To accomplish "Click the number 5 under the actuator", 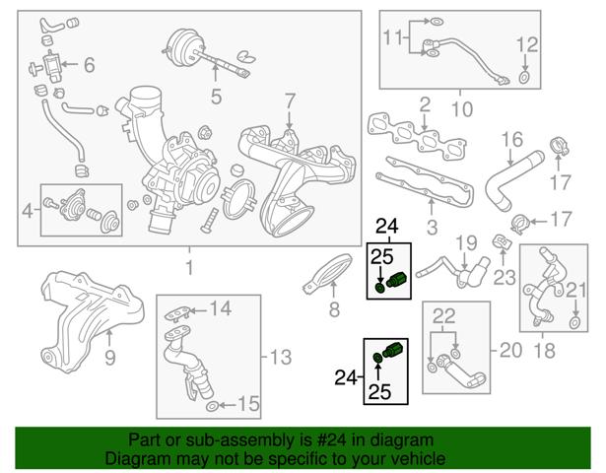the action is (217, 96).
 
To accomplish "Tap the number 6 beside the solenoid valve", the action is (90, 64).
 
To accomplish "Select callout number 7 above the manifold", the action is (290, 101).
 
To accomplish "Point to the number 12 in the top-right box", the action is (527, 44).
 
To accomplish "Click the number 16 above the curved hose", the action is (512, 140).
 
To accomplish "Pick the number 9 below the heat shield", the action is (110, 358).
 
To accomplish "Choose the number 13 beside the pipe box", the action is (281, 357).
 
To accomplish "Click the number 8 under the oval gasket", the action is (334, 309).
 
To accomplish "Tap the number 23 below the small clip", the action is (505, 277).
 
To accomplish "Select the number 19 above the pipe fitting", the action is (466, 243).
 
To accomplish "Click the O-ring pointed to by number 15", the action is (212, 406).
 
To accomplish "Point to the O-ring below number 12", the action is (523, 77).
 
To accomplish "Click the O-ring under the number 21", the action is (574, 322).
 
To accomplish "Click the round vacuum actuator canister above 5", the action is (181, 46).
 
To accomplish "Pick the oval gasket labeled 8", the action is (328, 273).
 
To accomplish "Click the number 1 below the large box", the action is (189, 267).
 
